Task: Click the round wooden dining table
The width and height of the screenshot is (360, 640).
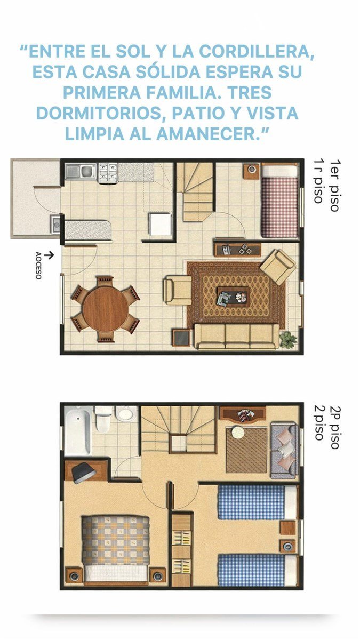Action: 106,309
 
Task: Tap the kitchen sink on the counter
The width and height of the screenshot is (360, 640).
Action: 81,171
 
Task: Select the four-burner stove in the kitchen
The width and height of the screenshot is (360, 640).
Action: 108,172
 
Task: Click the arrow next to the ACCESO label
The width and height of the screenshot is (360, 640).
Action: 50,255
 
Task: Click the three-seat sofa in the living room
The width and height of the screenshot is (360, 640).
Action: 237,337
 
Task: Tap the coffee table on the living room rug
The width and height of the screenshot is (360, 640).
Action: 234,297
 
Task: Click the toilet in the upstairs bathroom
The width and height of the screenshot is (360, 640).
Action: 103,418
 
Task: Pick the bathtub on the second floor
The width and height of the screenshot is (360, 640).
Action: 78,430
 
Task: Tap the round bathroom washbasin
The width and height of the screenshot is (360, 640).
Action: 126,413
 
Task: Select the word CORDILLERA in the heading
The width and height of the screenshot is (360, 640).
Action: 257,52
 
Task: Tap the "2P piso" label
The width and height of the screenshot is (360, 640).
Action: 335,427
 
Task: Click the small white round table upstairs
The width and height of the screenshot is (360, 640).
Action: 238,432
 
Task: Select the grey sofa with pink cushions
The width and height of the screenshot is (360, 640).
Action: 285,450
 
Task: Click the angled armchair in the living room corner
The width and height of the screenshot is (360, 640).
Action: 278,267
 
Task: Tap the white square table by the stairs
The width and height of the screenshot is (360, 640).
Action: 160,225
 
